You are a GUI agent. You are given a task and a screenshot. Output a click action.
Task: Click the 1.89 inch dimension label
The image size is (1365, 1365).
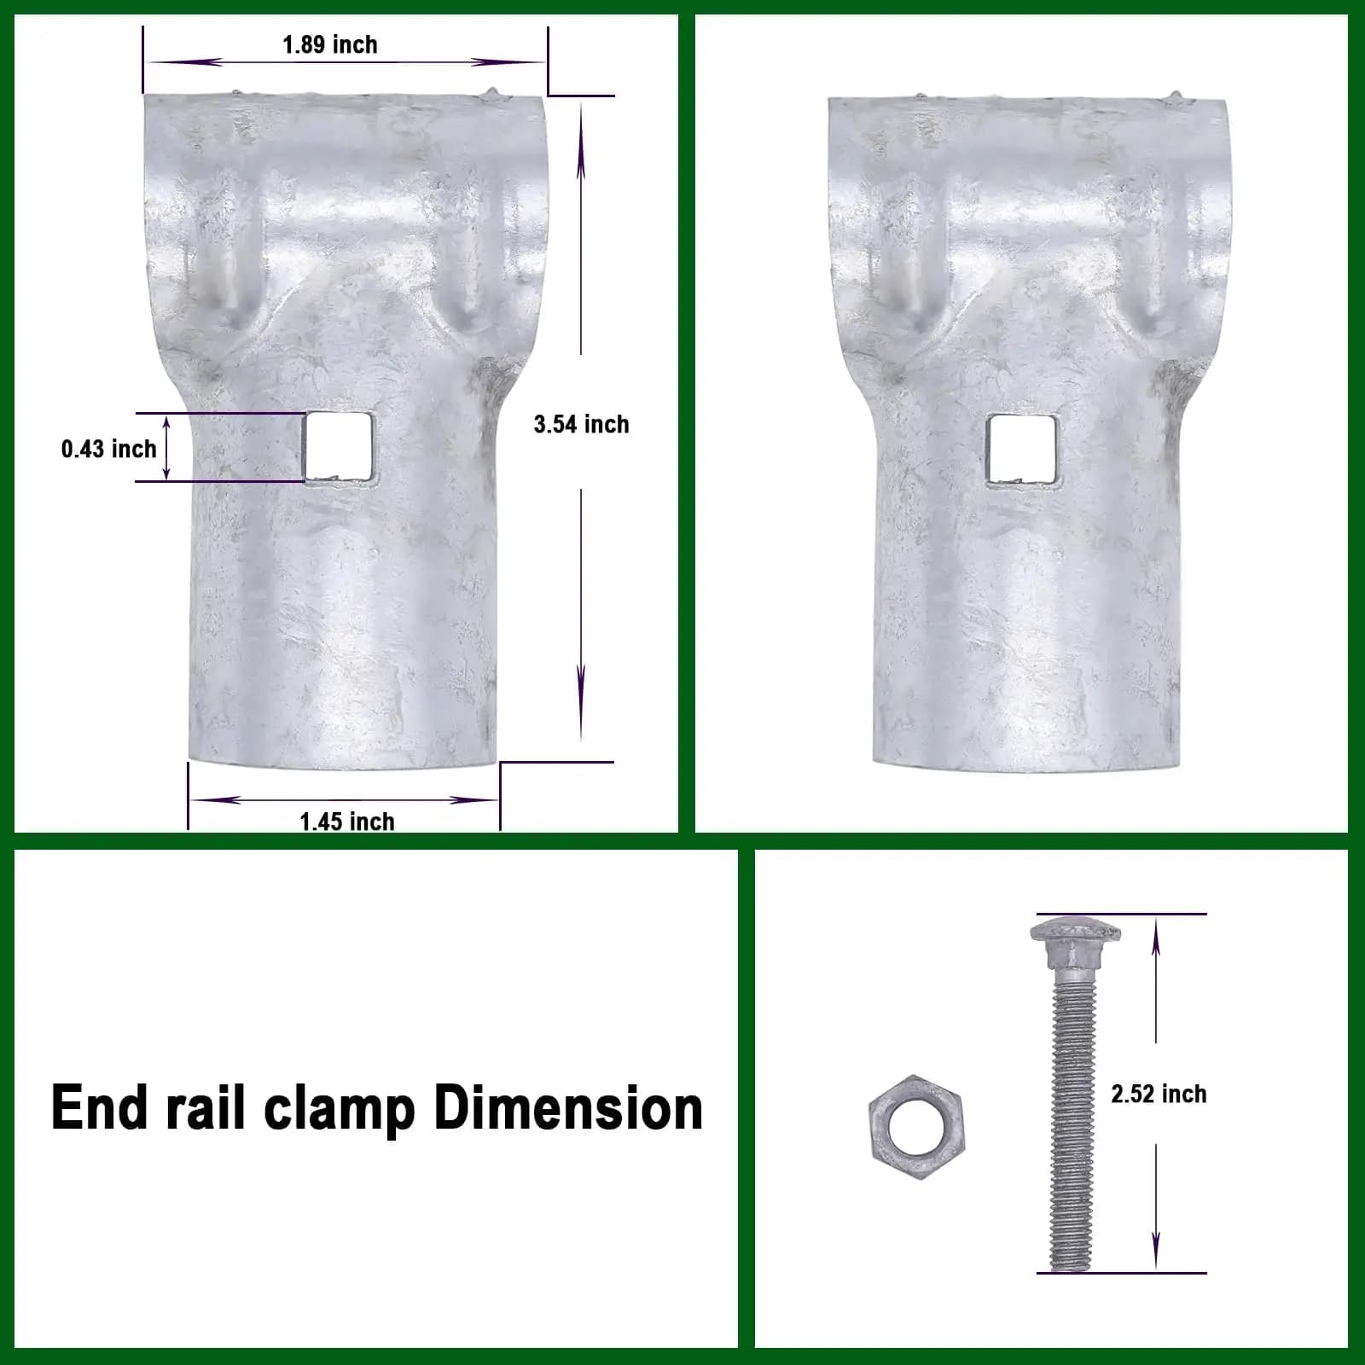tap(330, 45)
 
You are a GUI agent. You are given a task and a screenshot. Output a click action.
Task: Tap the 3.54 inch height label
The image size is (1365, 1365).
tap(581, 424)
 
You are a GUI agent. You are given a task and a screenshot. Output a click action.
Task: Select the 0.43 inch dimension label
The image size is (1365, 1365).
tap(109, 449)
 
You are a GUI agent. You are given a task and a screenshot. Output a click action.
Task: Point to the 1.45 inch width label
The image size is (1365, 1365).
tap(347, 821)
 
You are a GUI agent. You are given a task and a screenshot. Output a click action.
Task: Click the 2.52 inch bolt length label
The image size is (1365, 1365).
tap(1159, 1095)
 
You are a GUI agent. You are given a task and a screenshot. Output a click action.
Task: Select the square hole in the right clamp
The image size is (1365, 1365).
tap(1022, 450)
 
